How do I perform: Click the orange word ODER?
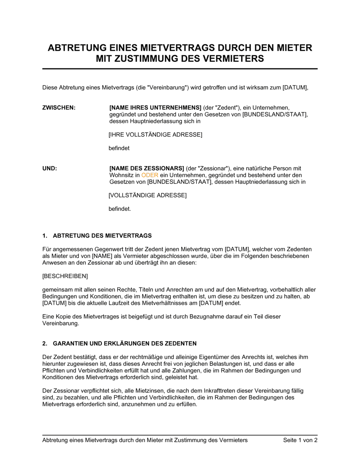pos(150,175)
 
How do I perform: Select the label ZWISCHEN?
pos(59,108)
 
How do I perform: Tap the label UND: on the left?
pos(50,168)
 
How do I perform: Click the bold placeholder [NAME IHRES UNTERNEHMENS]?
pos(155,108)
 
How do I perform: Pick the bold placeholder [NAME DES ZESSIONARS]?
pos(147,168)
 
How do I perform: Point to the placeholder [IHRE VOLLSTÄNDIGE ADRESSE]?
pos(155,135)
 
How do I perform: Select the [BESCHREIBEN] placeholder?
pos(65,276)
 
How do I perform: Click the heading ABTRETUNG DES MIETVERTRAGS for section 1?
pos(102,236)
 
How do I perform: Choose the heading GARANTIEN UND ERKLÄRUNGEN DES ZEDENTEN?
pos(125,344)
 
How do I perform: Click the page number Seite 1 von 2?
pos(300,440)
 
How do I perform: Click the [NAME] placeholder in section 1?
pos(102,256)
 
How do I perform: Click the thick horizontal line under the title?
pos(180,69)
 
